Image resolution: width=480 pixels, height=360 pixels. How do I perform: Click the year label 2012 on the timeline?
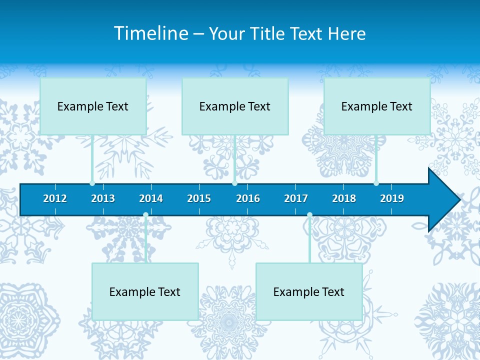tap(55, 198)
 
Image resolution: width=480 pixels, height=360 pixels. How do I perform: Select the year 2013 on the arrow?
tap(103, 198)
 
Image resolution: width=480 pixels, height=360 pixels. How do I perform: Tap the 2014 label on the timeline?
tap(151, 198)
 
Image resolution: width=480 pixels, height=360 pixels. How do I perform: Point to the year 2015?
tap(199, 198)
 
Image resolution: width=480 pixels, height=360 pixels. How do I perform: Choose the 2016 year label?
tap(248, 198)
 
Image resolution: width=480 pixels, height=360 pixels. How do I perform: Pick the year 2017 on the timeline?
tap(296, 198)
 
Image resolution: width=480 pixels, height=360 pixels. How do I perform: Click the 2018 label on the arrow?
tap(344, 198)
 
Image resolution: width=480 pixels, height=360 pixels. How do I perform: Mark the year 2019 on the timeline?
tap(392, 198)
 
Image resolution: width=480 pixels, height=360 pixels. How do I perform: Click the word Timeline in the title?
tap(151, 33)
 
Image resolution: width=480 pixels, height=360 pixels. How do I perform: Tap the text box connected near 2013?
tap(93, 106)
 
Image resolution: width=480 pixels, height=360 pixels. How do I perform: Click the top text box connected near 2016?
tap(235, 106)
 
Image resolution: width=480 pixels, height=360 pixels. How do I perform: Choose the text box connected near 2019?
tap(377, 106)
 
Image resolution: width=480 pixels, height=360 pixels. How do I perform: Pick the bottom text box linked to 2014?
tap(145, 291)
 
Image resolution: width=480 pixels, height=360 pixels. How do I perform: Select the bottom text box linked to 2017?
tap(309, 291)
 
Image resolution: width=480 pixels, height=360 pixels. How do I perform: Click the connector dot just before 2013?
tap(92, 183)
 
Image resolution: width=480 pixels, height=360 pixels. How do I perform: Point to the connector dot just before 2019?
tap(376, 183)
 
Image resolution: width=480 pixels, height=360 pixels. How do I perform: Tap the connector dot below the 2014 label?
tap(145, 215)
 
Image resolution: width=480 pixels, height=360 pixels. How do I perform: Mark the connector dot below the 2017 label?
tap(309, 215)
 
